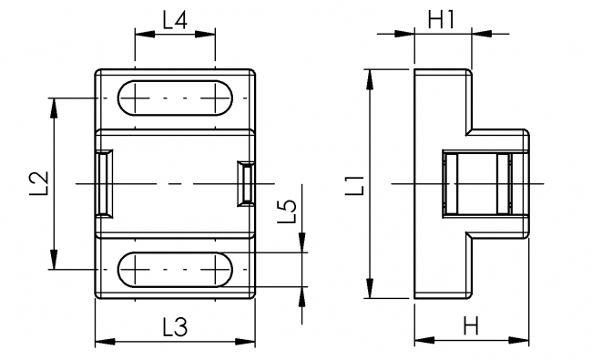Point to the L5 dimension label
(287, 211)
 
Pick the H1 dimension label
(442, 18)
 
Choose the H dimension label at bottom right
(470, 326)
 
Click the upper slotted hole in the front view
(175, 98)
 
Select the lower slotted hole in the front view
(175, 270)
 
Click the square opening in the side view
(476, 184)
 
